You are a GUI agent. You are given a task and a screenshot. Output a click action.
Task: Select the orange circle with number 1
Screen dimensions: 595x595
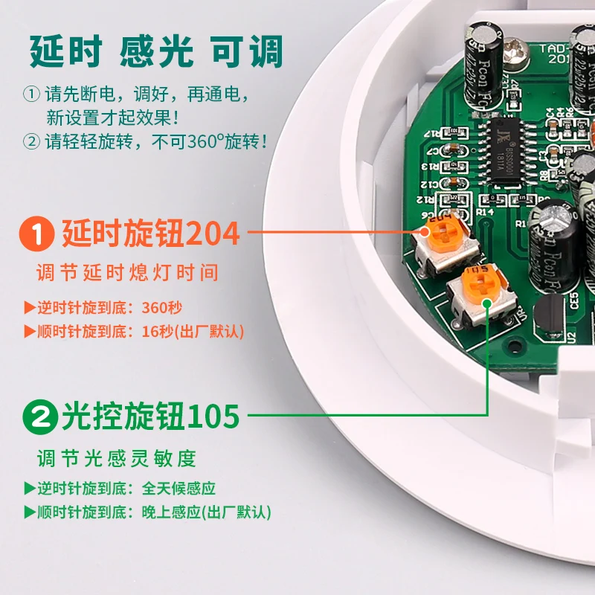coord(38,234)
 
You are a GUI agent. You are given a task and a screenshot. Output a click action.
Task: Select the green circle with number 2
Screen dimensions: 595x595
coord(38,415)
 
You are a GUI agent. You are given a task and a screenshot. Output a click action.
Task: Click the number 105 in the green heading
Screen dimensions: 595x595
coord(213,415)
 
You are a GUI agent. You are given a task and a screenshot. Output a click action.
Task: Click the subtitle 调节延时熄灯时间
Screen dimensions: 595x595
coord(128,272)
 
